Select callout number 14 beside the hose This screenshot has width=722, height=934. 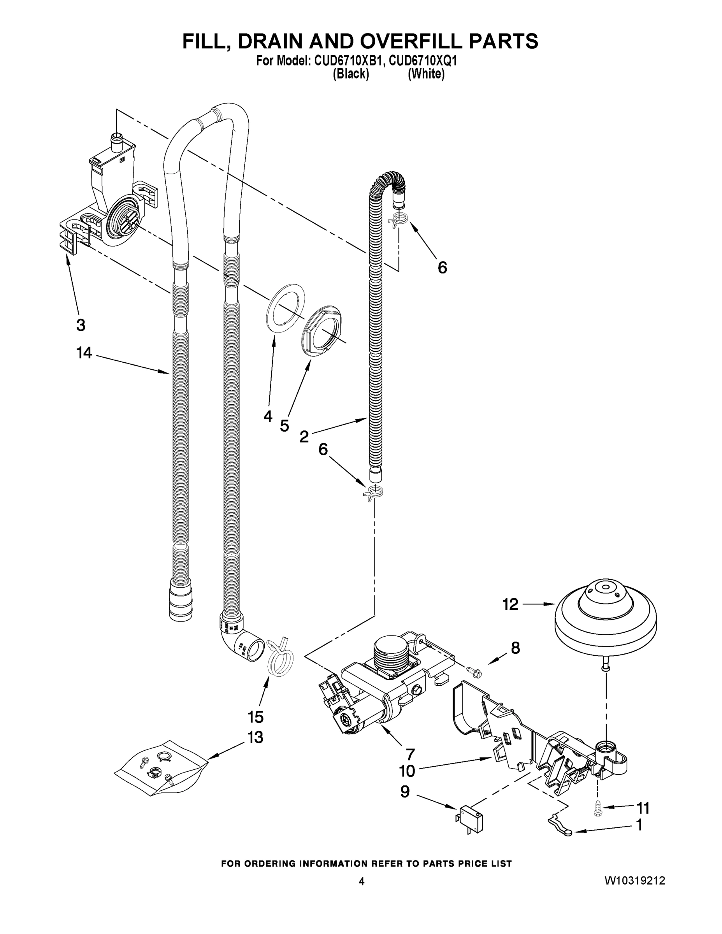[84, 353]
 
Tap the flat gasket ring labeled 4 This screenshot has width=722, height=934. [286, 307]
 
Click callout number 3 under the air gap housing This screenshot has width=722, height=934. [81, 325]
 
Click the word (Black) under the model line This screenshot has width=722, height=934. [350, 74]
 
